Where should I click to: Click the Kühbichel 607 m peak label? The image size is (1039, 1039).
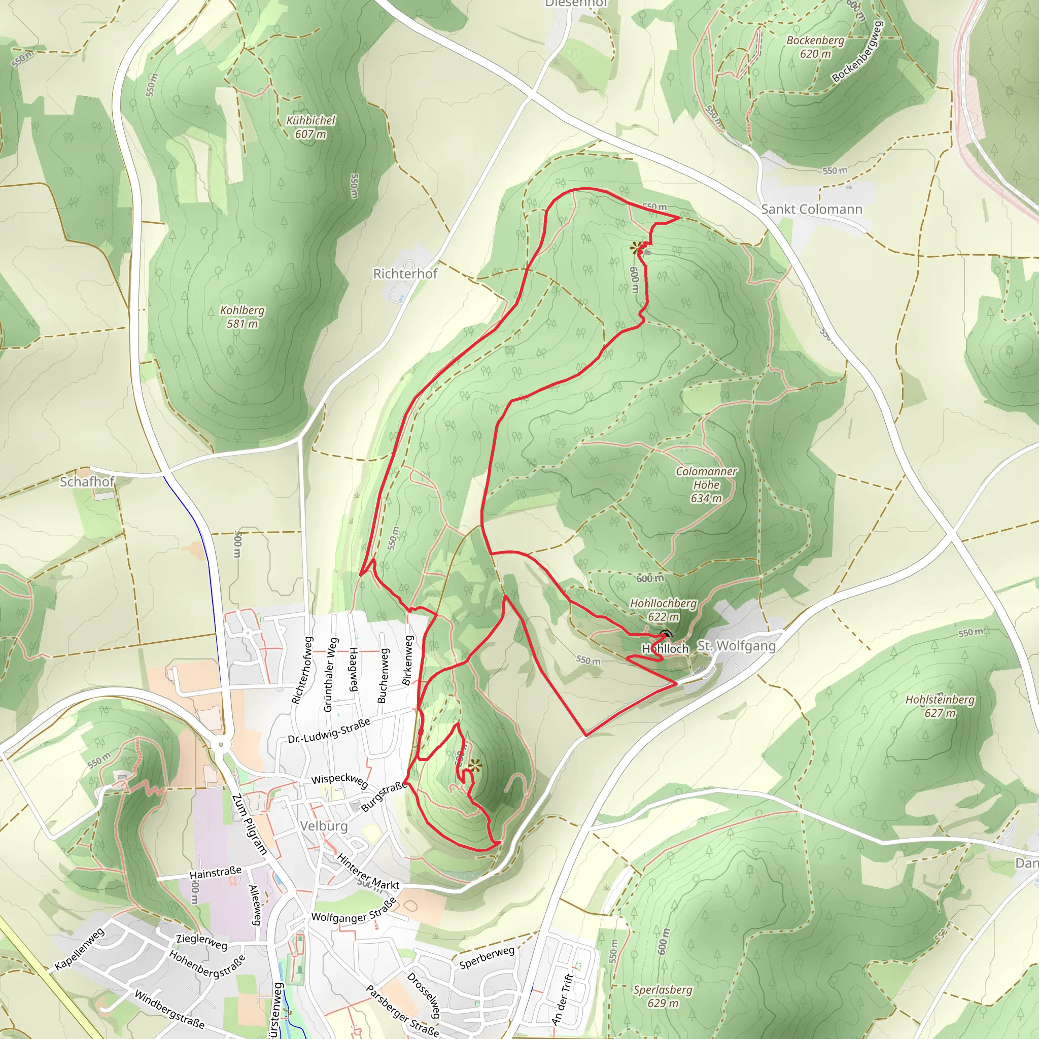(x=310, y=127)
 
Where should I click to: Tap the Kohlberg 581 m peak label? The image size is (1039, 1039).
(x=242, y=317)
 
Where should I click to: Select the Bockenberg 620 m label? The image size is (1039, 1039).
(x=815, y=47)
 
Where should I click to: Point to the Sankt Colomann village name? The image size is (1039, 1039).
(x=811, y=209)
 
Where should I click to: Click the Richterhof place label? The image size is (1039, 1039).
(x=405, y=274)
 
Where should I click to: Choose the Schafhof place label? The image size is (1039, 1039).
(x=87, y=481)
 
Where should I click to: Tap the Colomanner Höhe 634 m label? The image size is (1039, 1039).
(x=706, y=484)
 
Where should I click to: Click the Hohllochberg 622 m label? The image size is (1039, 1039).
(x=663, y=610)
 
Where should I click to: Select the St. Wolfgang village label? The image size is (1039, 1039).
(x=736, y=646)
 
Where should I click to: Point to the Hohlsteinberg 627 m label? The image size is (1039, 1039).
(x=940, y=706)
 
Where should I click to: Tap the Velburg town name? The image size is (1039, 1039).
(x=324, y=825)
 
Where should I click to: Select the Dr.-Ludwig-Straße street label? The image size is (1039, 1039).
(x=329, y=731)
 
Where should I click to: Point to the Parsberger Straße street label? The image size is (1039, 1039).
(x=402, y=1012)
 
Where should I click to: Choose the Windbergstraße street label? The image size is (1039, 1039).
(x=169, y=1010)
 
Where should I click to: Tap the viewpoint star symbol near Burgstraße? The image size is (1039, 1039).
(x=474, y=765)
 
